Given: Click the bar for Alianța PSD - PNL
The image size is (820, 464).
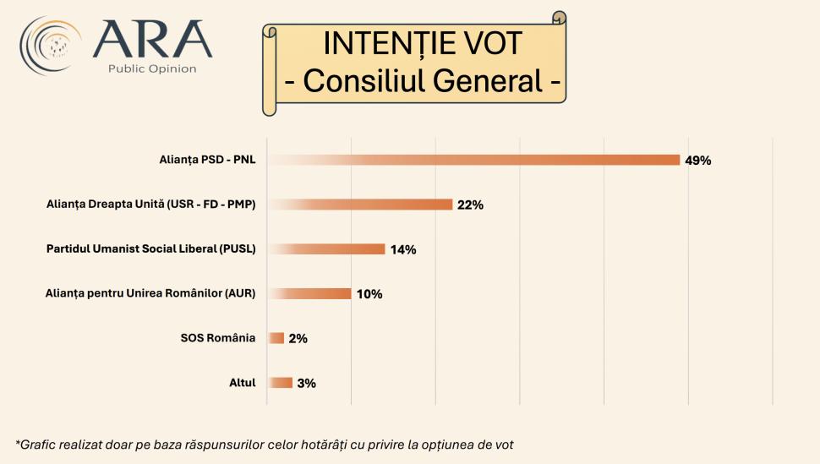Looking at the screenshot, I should [473, 160].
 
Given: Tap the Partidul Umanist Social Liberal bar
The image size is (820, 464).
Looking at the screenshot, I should [326, 249].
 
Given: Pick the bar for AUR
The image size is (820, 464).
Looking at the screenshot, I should [309, 294].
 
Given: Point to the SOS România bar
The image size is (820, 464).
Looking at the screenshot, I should [276, 338].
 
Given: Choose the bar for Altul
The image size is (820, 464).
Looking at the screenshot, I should [280, 383].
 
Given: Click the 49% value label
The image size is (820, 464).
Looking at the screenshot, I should [697, 161].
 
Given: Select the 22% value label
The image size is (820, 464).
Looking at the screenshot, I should [470, 205].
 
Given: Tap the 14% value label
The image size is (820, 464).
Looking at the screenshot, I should [402, 250].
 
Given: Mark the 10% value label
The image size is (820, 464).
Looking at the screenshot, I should [369, 294].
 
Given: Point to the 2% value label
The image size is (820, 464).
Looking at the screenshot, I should [298, 339].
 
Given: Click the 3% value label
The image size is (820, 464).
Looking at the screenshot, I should [306, 384].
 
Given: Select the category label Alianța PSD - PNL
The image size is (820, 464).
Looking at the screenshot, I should [207, 159].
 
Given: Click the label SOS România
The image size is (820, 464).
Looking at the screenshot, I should [218, 338].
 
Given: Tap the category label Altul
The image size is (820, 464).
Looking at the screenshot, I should [243, 383].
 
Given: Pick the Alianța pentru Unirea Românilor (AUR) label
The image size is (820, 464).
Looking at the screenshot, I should [150, 293].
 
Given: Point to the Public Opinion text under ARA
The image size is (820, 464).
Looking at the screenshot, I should [152, 68].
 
